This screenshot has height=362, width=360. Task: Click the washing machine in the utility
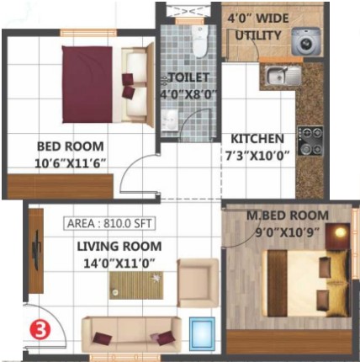click(305, 41)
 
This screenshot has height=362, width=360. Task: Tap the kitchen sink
click(283, 75)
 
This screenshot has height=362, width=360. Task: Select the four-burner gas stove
click(310, 141)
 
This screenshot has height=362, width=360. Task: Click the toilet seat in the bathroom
click(199, 41)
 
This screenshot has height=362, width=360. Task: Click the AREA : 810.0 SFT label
click(109, 223)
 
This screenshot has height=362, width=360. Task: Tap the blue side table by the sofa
click(202, 333)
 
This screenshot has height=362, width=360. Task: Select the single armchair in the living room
click(198, 283)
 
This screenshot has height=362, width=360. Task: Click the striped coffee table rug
click(136, 285)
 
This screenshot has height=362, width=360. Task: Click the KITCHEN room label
click(257, 139)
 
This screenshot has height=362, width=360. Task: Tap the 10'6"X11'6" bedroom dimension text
click(71, 163)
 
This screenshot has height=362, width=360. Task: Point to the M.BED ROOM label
click(288, 216)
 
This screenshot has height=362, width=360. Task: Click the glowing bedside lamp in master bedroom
click(341, 232)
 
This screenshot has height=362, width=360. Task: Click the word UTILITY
click(258, 35)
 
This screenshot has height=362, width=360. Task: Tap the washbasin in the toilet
click(170, 120)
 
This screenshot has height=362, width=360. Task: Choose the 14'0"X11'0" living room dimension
click(119, 264)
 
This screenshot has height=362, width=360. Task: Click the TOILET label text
click(189, 77)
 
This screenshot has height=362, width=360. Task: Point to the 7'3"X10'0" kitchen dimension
click(257, 156)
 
